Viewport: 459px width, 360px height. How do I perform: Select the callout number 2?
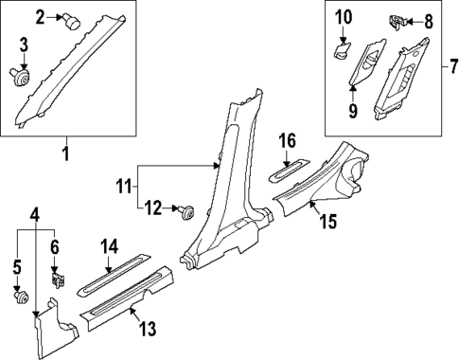click(40, 16)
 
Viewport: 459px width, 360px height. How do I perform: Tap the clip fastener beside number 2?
click(70, 18)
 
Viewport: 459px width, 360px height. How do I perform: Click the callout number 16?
click(288, 143)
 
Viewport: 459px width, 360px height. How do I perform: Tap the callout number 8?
click(427, 20)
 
